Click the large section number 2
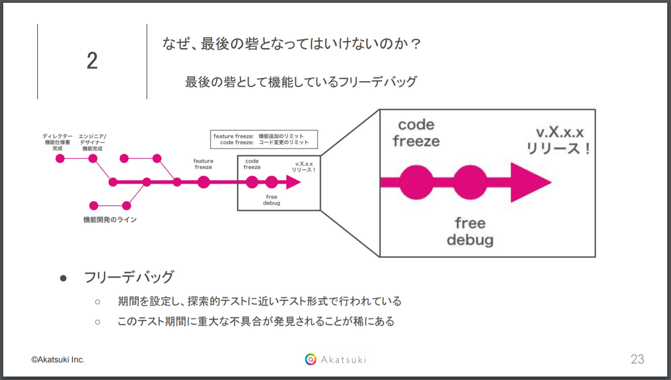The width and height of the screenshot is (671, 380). click(92, 61)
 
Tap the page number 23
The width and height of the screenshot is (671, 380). click(637, 359)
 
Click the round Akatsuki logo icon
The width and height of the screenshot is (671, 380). click(310, 359)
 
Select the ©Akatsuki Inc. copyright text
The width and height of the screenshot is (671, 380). click(58, 359)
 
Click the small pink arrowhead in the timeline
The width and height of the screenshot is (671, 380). click(294, 182)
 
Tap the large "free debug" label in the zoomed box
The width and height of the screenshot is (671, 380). click(470, 231)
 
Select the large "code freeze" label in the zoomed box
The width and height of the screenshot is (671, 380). click(416, 133)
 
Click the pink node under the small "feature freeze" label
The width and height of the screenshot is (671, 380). click(204, 182)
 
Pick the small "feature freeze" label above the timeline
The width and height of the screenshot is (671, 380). click(203, 164)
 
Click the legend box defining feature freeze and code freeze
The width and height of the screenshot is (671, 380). click(264, 139)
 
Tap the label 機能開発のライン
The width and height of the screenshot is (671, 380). click(110, 220)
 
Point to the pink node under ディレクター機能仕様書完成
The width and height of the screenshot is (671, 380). click(60, 158)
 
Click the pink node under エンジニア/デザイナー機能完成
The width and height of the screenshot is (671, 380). click(93, 158)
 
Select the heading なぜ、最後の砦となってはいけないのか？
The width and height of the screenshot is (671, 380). click(292, 44)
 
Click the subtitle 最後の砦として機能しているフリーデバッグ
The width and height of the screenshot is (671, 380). click(301, 82)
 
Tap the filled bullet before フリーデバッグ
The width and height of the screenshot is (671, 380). click(63, 278)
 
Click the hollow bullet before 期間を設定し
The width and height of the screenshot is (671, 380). click(98, 302)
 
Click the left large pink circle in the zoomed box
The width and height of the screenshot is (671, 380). click(416, 183)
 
